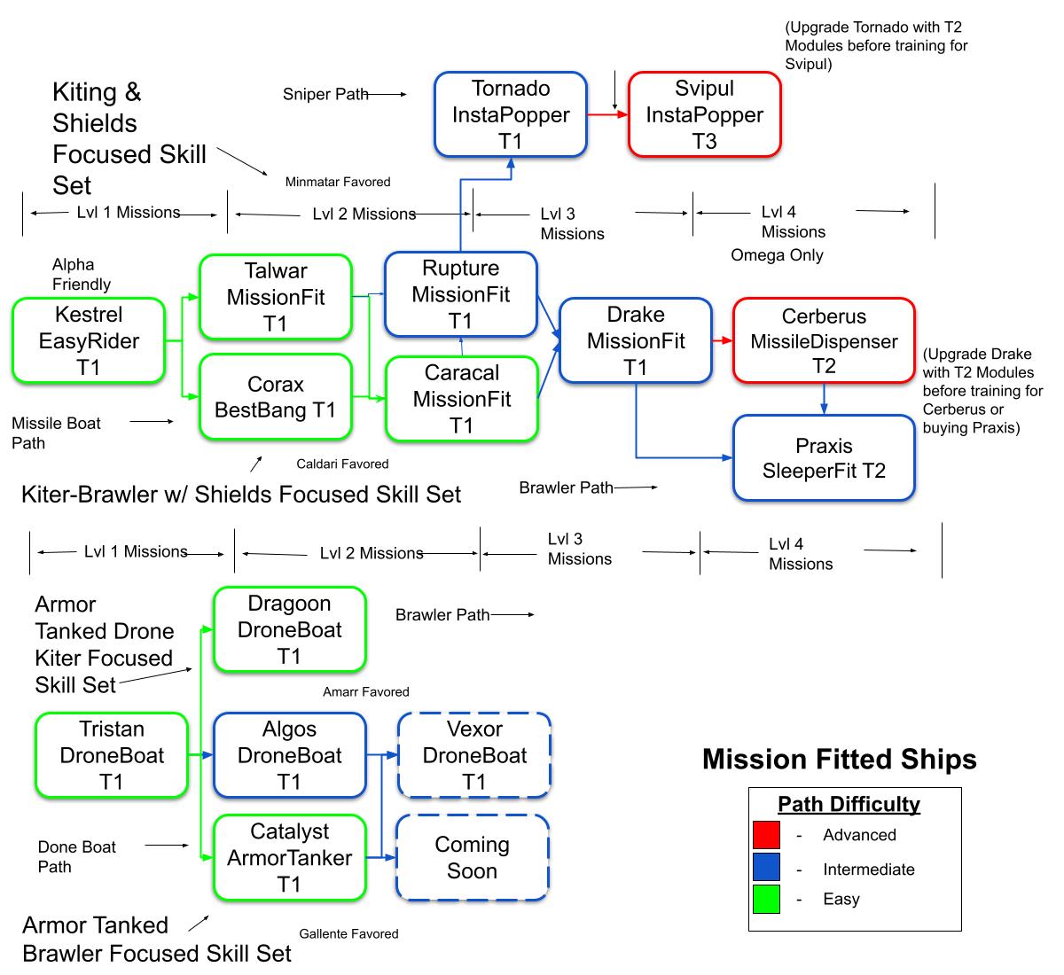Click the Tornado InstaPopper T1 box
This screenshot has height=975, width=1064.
511,115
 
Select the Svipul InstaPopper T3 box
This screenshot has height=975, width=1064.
705,115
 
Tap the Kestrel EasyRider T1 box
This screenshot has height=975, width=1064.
89,341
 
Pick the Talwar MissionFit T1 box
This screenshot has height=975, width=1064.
276,297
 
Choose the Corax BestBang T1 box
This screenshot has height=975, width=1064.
276,397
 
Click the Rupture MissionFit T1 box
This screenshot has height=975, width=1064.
461,294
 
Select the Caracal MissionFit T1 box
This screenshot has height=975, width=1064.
462,399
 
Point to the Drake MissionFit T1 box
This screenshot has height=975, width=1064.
636,341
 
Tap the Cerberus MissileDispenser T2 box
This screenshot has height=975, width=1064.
824,341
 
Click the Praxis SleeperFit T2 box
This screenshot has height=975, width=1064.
824,458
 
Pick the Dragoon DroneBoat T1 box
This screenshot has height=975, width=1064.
290,630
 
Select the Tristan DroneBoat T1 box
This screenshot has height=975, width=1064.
112,755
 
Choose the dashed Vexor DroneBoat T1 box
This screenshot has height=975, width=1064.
474,755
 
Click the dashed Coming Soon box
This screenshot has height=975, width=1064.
473,858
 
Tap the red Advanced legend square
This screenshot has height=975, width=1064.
766,835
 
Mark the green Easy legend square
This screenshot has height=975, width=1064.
766,899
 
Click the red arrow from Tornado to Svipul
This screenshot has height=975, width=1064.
607,114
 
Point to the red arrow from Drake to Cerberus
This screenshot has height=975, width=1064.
723,340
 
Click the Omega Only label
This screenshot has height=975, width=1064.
777,255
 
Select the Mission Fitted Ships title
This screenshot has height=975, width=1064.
839,760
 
